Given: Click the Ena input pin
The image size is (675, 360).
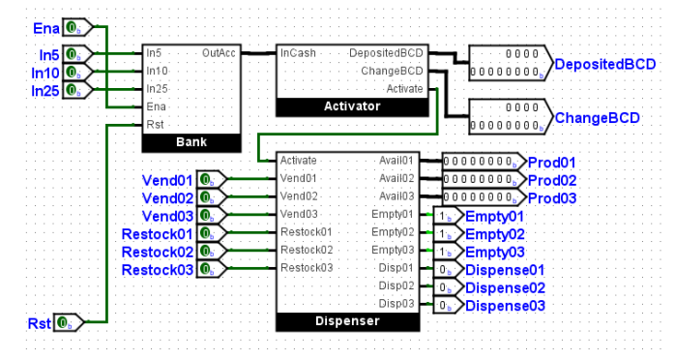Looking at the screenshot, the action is pyautogui.click(x=77, y=28).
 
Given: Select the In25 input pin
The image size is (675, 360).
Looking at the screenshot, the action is pyautogui.click(x=77, y=90).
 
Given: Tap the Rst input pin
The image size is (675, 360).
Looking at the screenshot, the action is pyautogui.click(x=68, y=322).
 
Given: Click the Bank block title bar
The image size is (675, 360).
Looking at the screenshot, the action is pyautogui.click(x=191, y=142).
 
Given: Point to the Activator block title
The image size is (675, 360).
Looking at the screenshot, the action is pyautogui.click(x=352, y=106).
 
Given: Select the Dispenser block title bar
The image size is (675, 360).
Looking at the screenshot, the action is pyautogui.click(x=347, y=321).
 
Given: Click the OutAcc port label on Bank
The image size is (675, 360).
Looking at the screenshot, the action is pyautogui.click(x=219, y=53).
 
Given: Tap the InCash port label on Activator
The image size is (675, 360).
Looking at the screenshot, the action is pyautogui.click(x=298, y=53).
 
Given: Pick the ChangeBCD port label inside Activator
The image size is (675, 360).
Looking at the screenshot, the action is pyautogui.click(x=392, y=71).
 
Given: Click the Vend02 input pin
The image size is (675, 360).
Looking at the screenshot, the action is pyautogui.click(x=212, y=197).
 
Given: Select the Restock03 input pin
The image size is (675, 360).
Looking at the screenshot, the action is pyautogui.click(x=212, y=269).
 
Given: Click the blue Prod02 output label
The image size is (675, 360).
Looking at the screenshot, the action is pyautogui.click(x=552, y=180).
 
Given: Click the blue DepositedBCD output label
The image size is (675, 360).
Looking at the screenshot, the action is pyautogui.click(x=604, y=64).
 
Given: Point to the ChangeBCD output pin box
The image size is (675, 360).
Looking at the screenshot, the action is pyautogui.click(x=511, y=117).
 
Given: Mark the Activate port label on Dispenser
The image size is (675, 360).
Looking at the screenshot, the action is pyautogui.click(x=298, y=161).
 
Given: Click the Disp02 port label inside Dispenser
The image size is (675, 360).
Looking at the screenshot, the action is pyautogui.click(x=396, y=285).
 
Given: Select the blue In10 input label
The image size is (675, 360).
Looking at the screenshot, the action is pyautogui.click(x=45, y=73).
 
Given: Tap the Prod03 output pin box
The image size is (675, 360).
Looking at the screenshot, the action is pyautogui.click(x=484, y=197).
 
